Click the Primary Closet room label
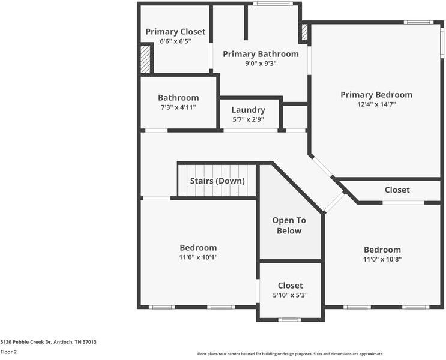tap(175, 32)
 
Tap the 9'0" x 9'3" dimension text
tap(261, 64)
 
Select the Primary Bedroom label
tap(376, 95)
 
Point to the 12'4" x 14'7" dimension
tap(376, 104)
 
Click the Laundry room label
tap(249, 110)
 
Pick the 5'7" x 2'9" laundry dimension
tap(249, 119)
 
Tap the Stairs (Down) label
tap(217, 181)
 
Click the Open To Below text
tap(289, 226)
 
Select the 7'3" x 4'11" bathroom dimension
tap(178, 107)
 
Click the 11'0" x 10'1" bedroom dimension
tap(198, 257)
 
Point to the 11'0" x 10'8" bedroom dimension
tap(382, 259)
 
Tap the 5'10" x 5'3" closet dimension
tap(290, 295)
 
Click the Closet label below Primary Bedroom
tap(397, 190)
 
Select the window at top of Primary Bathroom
tap(273, 4)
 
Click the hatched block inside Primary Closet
tap(145, 59)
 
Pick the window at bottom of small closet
tap(289, 320)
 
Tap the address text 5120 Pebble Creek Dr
tap(26, 342)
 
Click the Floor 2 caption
tap(8, 352)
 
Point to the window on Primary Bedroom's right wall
tap(442, 43)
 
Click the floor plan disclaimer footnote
tap(291, 354)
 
